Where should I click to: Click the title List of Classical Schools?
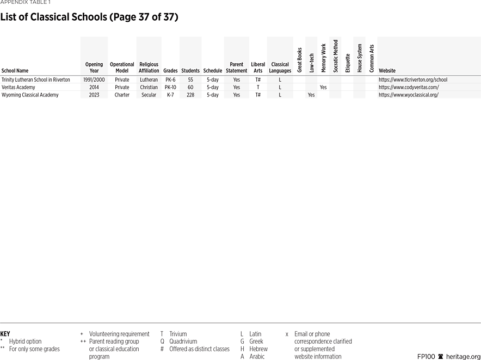(89, 17)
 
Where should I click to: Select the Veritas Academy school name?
(18, 87)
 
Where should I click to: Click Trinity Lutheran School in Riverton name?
(36, 80)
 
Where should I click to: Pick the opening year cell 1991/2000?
(94, 80)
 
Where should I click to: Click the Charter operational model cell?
(122, 95)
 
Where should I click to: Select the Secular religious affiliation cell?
(149, 95)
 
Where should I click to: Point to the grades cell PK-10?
(170, 87)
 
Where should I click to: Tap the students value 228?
(190, 95)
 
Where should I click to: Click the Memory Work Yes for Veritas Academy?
(323, 87)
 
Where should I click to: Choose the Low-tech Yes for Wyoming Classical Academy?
(311, 95)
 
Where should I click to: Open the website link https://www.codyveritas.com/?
(409, 87)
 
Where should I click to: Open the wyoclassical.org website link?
(409, 95)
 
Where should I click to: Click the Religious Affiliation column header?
(149, 68)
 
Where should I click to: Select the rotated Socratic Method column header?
(336, 56)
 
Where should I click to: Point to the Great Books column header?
(300, 60)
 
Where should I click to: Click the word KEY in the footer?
(5, 334)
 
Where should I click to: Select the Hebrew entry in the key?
(258, 349)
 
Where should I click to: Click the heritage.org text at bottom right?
(463, 356)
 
